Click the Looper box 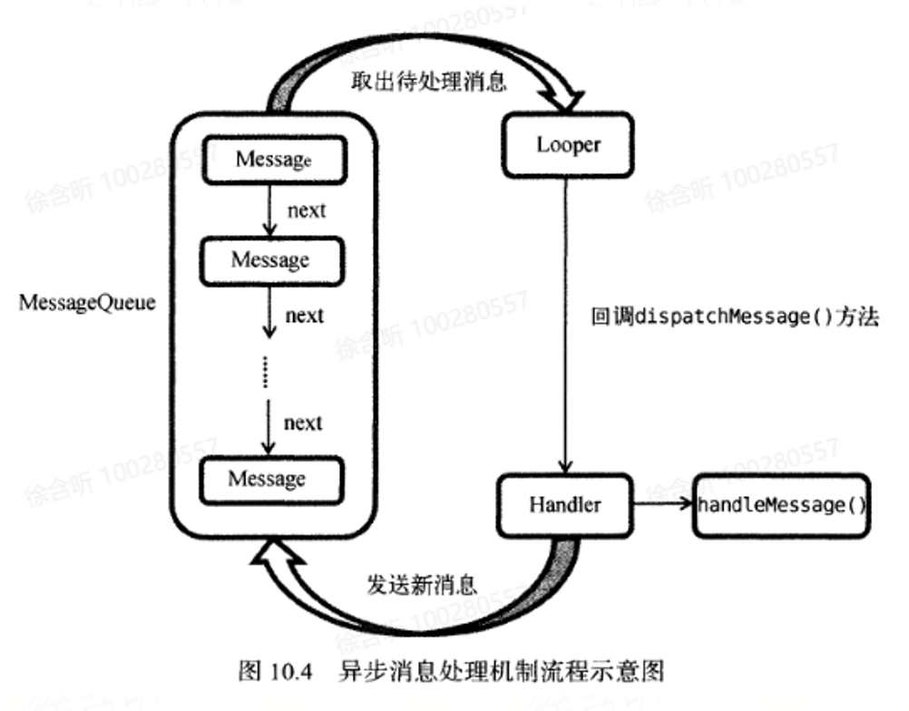click(x=567, y=145)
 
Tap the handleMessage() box click(x=781, y=504)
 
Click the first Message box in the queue click(x=273, y=160)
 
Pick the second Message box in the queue click(x=271, y=260)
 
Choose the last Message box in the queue click(x=269, y=477)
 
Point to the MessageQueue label click(x=87, y=303)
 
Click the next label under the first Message click(x=307, y=210)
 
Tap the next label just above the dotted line click(x=304, y=316)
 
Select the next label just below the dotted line click(x=302, y=423)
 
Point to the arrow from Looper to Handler click(x=566, y=326)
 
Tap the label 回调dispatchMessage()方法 click(x=734, y=317)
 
